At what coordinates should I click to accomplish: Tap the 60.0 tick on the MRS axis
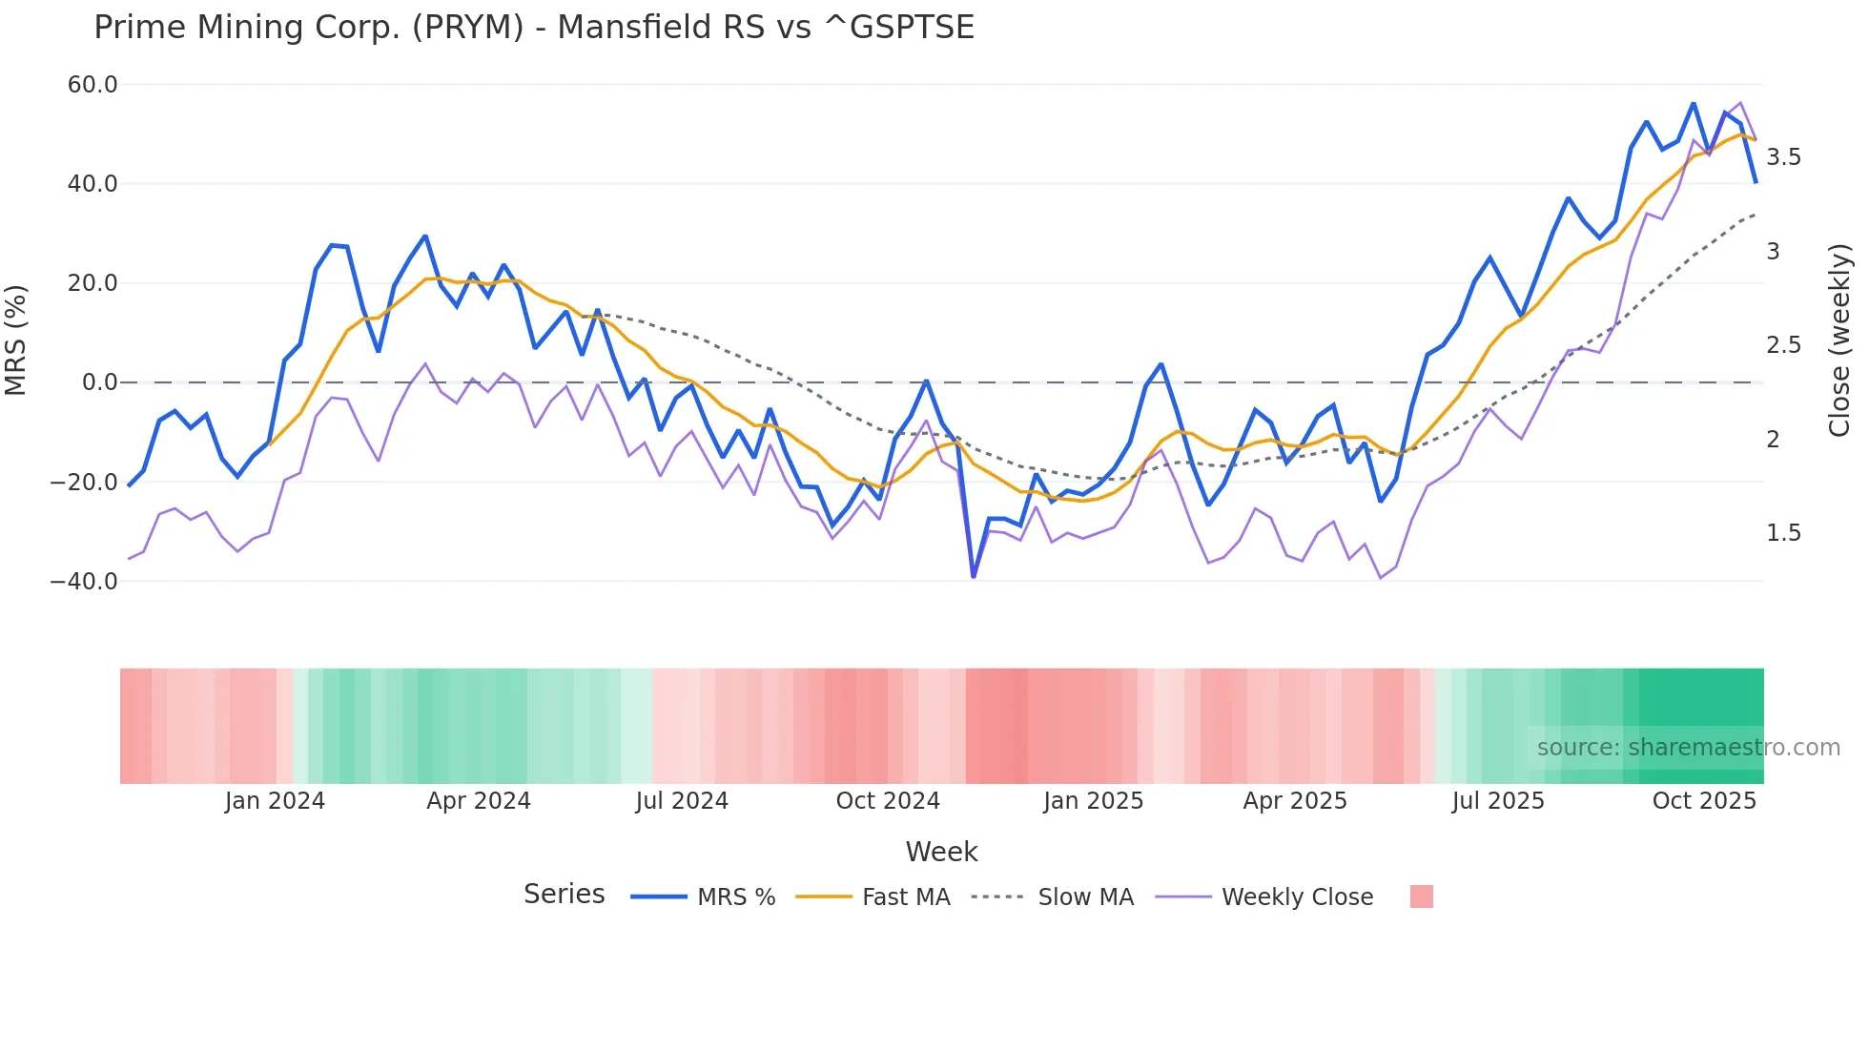pyautogui.click(x=92, y=85)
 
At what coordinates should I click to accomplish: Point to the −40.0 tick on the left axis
pyautogui.click(x=84, y=581)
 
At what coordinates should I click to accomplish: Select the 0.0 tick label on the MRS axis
pyautogui.click(x=100, y=382)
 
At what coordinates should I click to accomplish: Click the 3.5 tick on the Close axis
pyautogui.click(x=1783, y=157)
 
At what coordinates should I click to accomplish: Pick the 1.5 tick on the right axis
pyautogui.click(x=1783, y=533)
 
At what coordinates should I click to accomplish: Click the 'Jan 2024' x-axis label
pyautogui.click(x=275, y=801)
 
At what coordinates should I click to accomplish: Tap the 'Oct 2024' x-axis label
pyautogui.click(x=888, y=801)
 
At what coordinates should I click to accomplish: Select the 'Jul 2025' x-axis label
pyautogui.click(x=1498, y=801)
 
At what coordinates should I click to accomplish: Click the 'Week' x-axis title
pyautogui.click(x=941, y=852)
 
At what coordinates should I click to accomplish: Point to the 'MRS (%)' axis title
pyautogui.click(x=16, y=340)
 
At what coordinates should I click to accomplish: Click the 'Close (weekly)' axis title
pyautogui.click(x=1839, y=340)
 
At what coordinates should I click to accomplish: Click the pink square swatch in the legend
pyautogui.click(x=1421, y=896)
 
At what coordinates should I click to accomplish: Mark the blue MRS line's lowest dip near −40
pyautogui.click(x=974, y=576)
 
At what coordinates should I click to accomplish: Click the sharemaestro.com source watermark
pyautogui.click(x=1688, y=748)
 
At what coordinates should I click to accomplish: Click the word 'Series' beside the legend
pyautogui.click(x=564, y=895)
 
